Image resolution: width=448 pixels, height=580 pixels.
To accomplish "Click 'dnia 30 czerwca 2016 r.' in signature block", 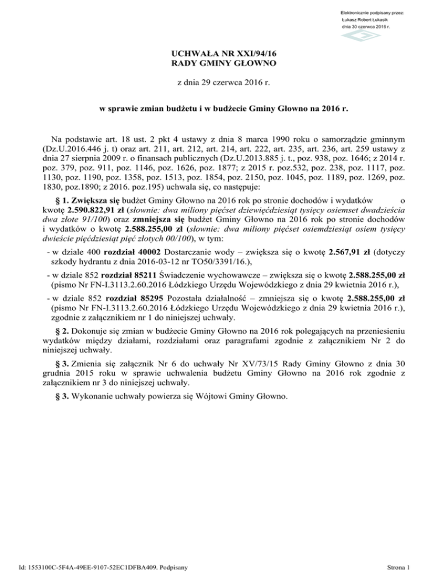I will (366, 27).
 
